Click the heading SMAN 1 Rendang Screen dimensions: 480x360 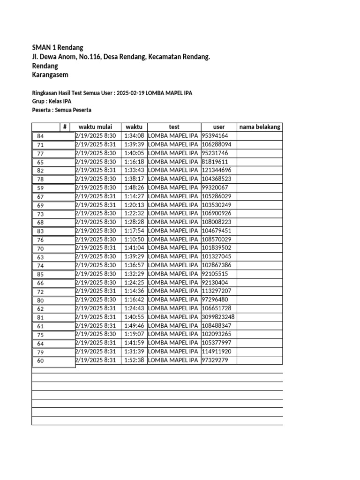coord(57,47)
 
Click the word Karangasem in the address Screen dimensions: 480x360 coord(50,75)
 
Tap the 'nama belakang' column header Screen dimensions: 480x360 coord(260,127)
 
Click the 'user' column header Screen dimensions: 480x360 coord(219,127)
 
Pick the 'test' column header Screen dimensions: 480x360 coord(174,127)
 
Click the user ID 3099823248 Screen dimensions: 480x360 coord(218,317)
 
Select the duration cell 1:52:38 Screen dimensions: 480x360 coord(134,360)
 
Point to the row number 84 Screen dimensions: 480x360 coord(40,136)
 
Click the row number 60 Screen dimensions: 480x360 coord(40,361)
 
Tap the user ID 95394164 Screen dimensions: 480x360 coord(215,135)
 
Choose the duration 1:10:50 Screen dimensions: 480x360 coord(134,239)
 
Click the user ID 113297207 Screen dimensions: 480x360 coord(217,291)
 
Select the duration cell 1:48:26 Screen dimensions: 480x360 coord(134,187)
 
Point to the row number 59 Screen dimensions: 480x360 coord(40,188)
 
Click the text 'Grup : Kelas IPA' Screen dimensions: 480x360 coord(52,102)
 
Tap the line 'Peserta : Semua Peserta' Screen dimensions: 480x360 coord(61,110)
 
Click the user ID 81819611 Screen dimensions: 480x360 coord(215,162)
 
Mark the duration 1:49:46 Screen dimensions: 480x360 coord(134,326)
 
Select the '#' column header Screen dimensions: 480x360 coord(65,127)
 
